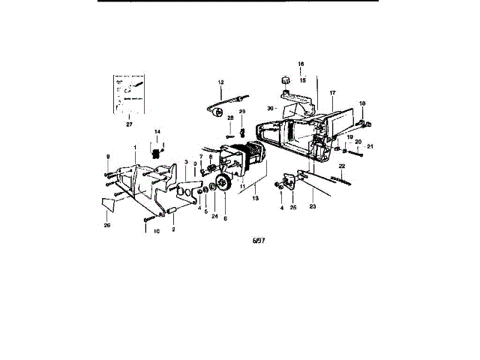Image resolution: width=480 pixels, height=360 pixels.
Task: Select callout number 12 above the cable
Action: [221, 82]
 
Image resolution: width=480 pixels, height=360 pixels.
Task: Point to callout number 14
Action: [157, 132]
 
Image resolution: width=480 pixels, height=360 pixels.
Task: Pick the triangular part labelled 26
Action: [108, 200]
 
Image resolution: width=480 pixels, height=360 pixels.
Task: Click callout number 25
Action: [293, 206]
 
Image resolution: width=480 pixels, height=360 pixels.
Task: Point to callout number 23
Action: [313, 206]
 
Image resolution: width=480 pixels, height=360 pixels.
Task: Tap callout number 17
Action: [332, 93]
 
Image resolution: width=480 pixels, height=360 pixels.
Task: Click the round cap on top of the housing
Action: [286, 79]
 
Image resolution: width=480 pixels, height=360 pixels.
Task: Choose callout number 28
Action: [230, 118]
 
